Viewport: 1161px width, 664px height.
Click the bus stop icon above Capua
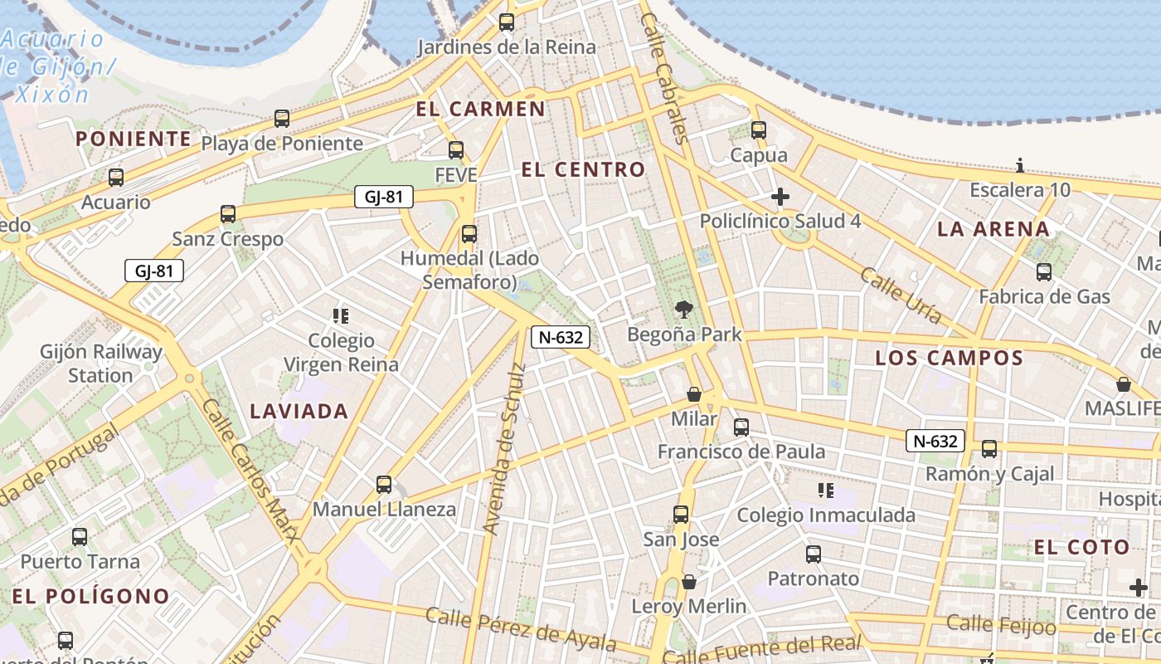759,130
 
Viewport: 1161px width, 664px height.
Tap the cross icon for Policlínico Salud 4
780,197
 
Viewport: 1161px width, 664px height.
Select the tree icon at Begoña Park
684,310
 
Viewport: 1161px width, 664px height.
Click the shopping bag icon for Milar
694,394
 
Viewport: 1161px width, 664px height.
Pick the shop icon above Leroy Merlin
688,582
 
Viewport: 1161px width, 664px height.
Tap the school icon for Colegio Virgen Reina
340,315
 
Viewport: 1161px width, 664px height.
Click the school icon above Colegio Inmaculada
825,491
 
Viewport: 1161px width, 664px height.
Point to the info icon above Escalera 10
1020,165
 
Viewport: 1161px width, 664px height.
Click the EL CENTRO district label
583,170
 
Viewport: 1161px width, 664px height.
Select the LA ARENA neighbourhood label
993,229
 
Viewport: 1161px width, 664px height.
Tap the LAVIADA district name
299,411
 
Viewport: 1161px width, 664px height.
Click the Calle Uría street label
901,295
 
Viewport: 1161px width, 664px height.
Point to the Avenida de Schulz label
504,449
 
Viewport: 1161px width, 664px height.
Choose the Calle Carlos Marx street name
250,470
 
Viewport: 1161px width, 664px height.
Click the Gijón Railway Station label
100,364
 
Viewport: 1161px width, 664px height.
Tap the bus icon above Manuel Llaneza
383,484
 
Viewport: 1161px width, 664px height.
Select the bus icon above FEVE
456,150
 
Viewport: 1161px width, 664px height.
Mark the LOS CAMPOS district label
950,359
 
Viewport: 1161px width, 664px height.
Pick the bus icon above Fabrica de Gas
1044,271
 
